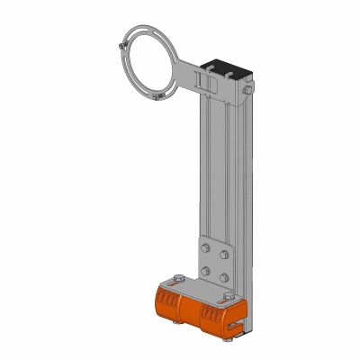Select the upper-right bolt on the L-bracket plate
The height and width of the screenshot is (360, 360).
pyautogui.click(x=229, y=255)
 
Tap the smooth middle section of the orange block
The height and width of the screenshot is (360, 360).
pyautogui.click(x=191, y=308)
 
